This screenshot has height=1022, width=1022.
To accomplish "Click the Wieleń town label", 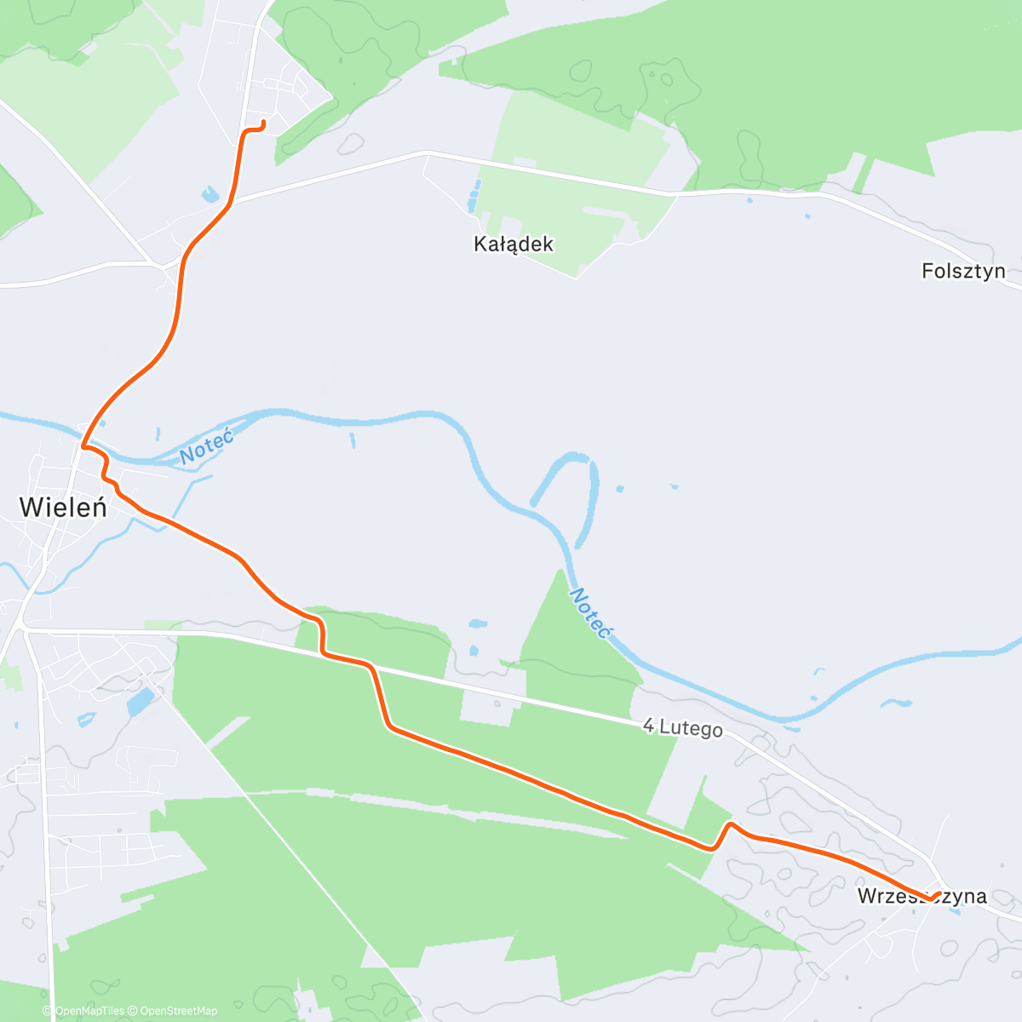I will coord(63,508).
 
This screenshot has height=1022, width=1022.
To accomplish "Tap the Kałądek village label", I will coord(514,244).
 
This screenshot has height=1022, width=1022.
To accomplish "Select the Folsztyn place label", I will coord(963,272).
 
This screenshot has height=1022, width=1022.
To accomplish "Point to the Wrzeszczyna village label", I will coord(922,896).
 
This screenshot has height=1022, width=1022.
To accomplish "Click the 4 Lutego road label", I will coord(683,728).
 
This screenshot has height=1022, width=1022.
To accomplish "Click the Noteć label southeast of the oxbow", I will coord(591,612).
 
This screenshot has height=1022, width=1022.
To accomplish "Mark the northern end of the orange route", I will coord(263,123).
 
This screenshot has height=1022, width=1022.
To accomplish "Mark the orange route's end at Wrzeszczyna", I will coord(938,893).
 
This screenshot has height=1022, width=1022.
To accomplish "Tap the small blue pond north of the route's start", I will coord(210,194).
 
